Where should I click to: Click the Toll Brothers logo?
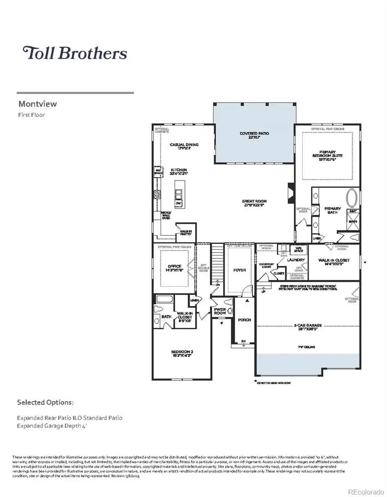pos(75,53)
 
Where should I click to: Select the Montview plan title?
pos(37,104)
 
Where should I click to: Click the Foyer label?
pos(240,270)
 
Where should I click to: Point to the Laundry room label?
pos(296,260)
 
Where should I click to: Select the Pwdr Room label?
pos(220,312)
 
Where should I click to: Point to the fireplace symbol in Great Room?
pos(291,190)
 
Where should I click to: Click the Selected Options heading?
pos(45,402)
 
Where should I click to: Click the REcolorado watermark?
pos(365,491)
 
